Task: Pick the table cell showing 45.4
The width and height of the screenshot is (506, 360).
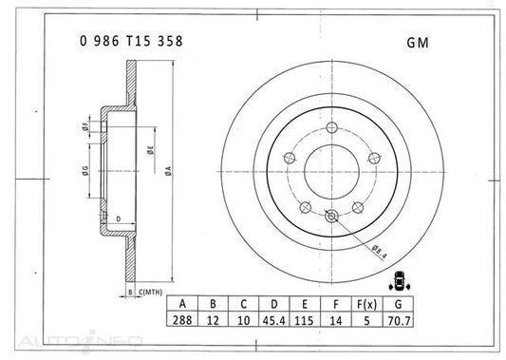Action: [274, 321]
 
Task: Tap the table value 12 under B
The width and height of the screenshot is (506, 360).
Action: [212, 321]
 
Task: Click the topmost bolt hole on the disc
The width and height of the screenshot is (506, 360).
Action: [330, 130]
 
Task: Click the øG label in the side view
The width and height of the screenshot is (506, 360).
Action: [85, 172]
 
